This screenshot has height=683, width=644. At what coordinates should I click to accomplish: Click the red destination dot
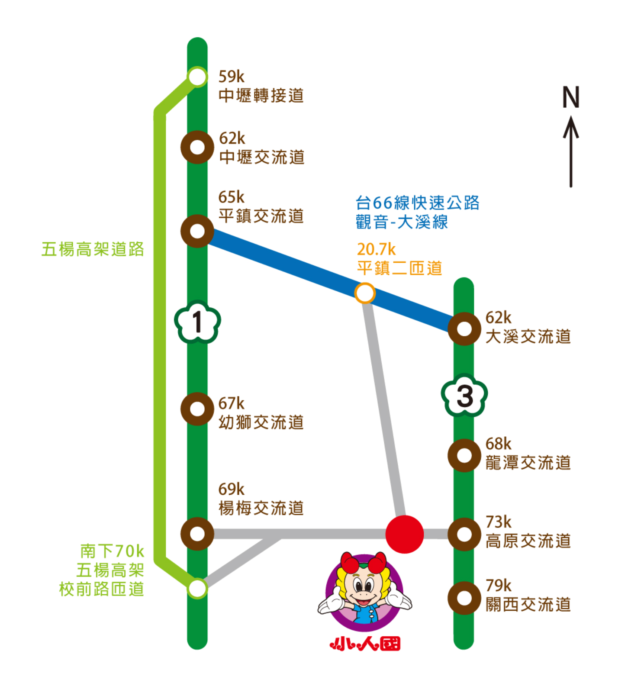(x=404, y=535)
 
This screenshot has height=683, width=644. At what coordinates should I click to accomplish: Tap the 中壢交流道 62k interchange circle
(x=197, y=147)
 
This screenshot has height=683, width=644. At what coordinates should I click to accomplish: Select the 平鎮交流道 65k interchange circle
(x=197, y=231)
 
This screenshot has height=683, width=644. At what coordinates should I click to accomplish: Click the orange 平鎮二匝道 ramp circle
(x=365, y=293)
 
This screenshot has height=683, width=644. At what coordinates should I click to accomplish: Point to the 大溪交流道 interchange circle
(x=464, y=329)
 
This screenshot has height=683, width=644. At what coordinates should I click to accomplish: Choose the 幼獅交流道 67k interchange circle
(x=197, y=409)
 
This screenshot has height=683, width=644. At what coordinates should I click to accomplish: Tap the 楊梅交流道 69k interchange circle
(x=197, y=534)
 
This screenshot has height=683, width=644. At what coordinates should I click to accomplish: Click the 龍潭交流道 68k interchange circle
(x=464, y=455)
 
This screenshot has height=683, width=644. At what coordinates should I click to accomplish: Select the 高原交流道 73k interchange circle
(x=464, y=535)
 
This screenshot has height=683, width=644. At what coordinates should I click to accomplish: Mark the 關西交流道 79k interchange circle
(x=464, y=598)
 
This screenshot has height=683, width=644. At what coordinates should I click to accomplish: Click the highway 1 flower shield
(x=197, y=322)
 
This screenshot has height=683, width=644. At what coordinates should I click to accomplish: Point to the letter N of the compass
(x=570, y=97)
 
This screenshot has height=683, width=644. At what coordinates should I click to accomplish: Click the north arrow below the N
(x=571, y=151)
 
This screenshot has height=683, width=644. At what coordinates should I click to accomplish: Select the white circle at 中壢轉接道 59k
(x=197, y=77)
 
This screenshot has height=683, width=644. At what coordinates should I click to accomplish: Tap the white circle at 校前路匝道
(x=197, y=588)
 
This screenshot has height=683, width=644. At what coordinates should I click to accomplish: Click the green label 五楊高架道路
(x=93, y=249)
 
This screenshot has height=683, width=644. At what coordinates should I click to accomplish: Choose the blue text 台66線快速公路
(x=418, y=203)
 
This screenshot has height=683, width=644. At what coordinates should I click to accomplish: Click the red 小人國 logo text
(x=365, y=644)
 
